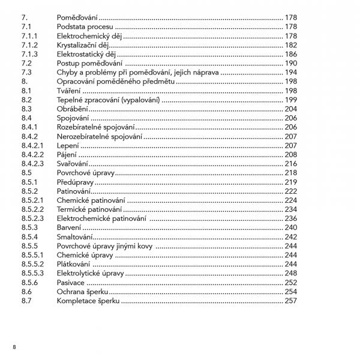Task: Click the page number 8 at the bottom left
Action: [x=14, y=347]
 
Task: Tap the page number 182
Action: [x=291, y=45]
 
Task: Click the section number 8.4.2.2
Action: [x=33, y=155]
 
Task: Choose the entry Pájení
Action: [x=66, y=155]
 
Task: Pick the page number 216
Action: [x=291, y=164]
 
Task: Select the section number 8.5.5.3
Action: [x=33, y=274]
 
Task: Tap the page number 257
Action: [x=291, y=301]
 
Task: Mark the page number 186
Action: [x=291, y=54]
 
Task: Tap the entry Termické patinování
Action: [x=89, y=209]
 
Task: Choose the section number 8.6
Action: [x=26, y=292]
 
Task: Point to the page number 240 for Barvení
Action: [x=291, y=227]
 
